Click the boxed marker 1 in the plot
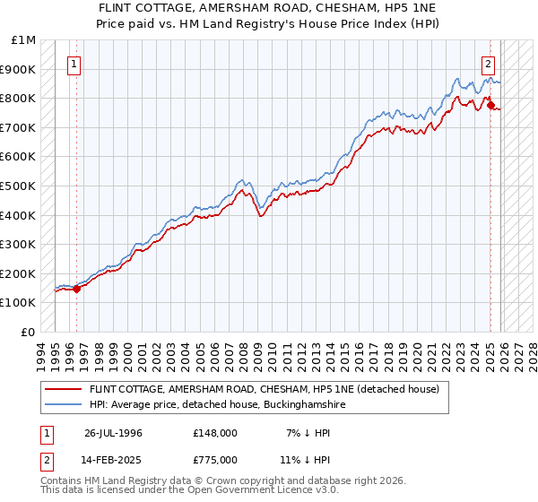click(x=73, y=64)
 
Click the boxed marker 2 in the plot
click(x=488, y=64)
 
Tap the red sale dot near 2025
click(x=490, y=106)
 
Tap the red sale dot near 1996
click(x=77, y=289)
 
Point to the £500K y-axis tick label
click(x=19, y=186)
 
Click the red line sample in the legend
click(x=63, y=390)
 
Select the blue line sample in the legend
click(x=63, y=405)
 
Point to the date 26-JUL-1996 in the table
click(x=113, y=433)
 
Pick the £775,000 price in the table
click(x=215, y=459)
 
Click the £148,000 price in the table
click(x=215, y=433)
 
